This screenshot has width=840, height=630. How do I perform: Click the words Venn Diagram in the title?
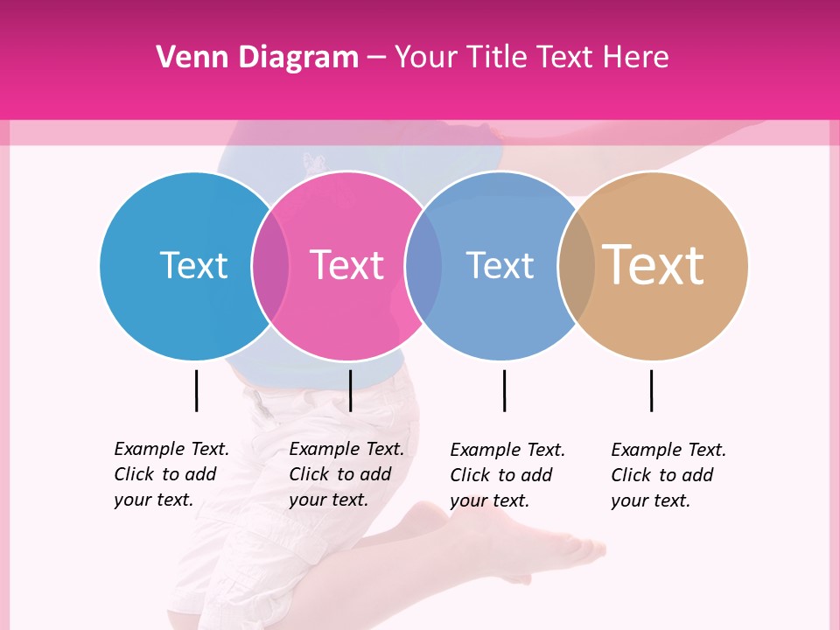(x=257, y=58)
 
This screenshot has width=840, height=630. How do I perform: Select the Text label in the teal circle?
(x=193, y=265)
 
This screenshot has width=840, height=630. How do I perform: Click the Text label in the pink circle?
(x=346, y=265)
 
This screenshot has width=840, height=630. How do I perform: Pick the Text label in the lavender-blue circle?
(x=500, y=265)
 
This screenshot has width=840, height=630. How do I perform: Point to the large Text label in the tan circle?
(x=653, y=264)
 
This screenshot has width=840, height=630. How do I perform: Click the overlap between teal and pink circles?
(x=270, y=265)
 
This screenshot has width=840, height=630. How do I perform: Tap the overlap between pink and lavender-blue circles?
(x=423, y=265)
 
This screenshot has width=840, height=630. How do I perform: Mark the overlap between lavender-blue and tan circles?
(x=576, y=265)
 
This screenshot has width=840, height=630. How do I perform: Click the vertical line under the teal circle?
(x=196, y=390)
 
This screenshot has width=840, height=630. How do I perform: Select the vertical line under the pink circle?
(x=350, y=390)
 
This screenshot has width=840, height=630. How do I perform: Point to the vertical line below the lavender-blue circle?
(x=504, y=390)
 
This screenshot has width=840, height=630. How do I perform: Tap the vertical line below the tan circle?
(x=651, y=390)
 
